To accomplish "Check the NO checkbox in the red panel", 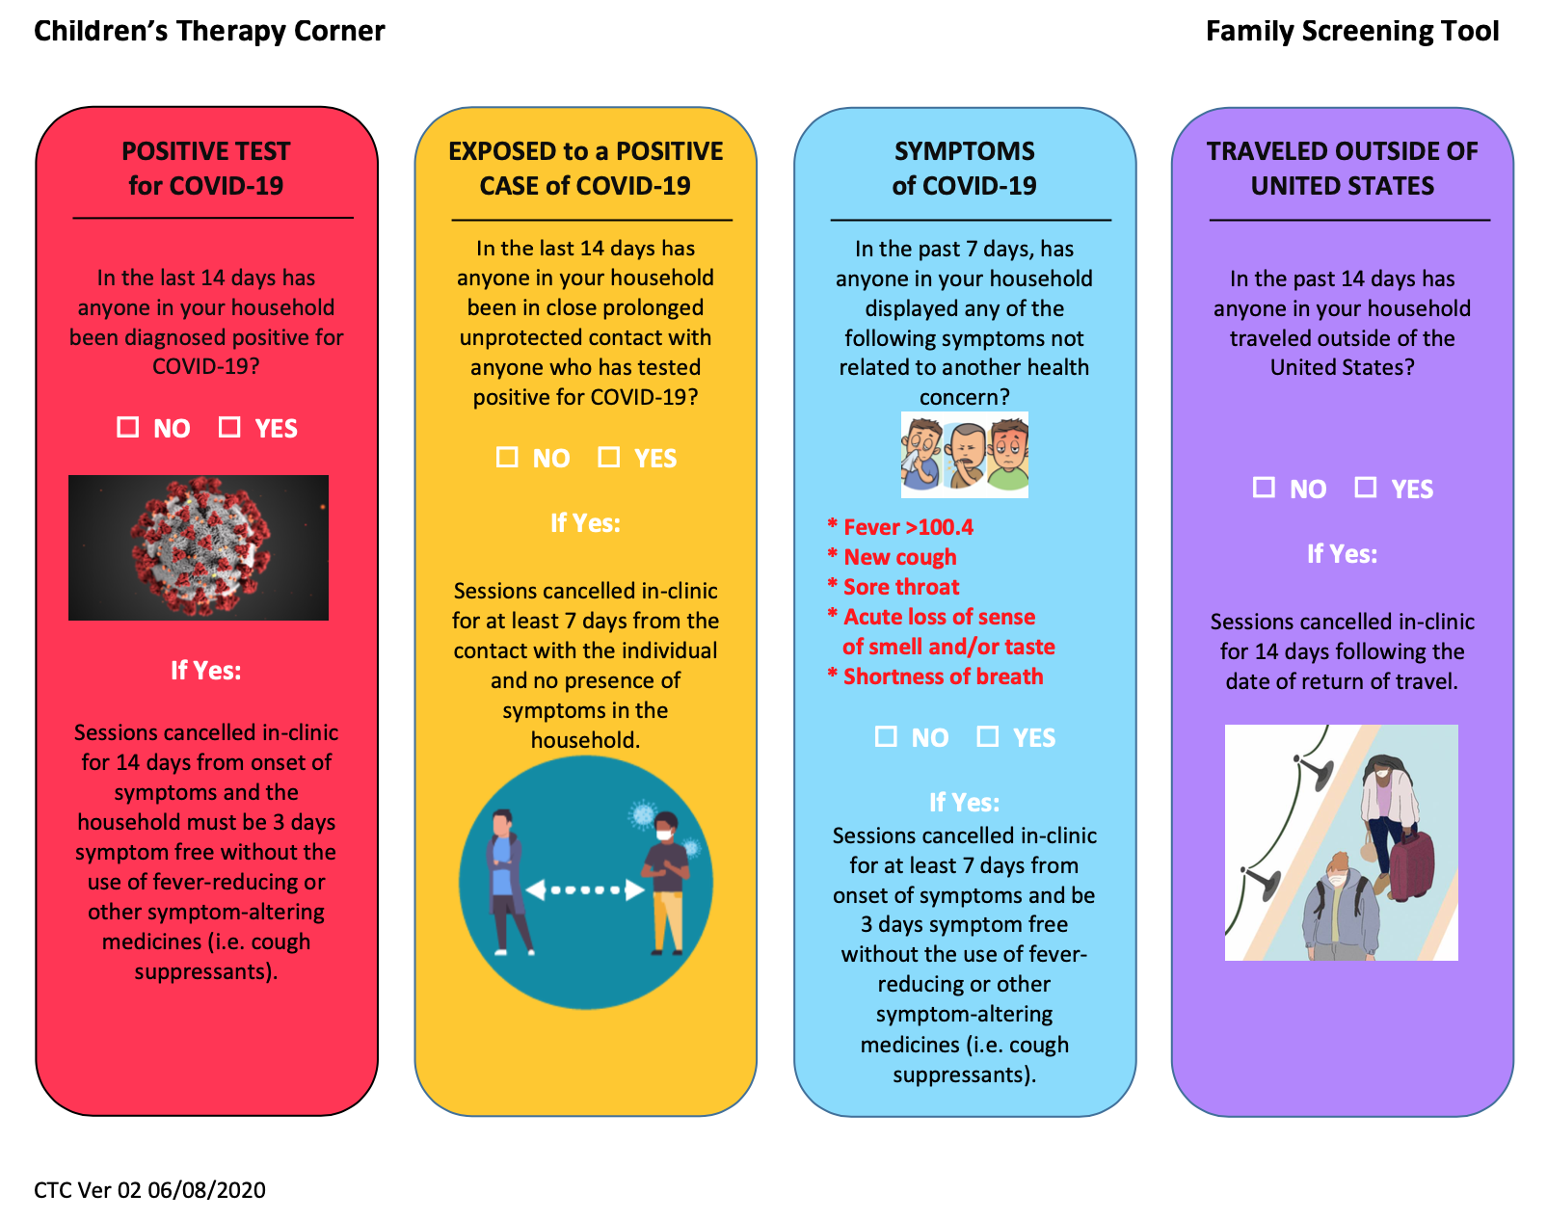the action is [128, 427].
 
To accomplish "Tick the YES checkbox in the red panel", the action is [229, 427].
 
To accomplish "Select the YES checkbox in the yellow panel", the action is [609, 457].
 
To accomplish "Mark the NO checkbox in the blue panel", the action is [886, 736].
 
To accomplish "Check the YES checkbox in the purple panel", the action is [1366, 488].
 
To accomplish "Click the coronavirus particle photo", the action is [199, 547].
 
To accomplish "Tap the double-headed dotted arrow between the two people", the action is [585, 890].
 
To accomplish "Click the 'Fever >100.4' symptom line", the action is [900, 527].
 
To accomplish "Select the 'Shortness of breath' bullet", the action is [935, 676].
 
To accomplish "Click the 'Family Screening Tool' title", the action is [1352, 31].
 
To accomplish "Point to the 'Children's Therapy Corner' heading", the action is [209, 31].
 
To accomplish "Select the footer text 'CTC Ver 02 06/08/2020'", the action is [149, 1190].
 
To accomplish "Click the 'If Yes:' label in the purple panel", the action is [1342, 553].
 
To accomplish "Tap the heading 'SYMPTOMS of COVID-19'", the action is [964, 169].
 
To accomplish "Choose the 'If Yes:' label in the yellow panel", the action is [585, 522].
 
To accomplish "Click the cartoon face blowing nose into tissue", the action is [920, 454].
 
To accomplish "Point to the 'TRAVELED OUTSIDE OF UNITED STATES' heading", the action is [1342, 169].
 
